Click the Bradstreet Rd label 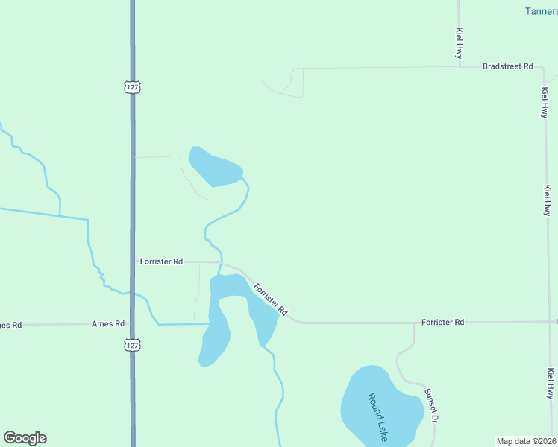click(507, 66)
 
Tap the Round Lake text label click(377, 418)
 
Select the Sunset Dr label click(430, 406)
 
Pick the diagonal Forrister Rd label click(270, 299)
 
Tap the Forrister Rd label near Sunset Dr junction click(442, 322)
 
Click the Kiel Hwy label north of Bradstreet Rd click(459, 44)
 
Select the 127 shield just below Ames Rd click(132, 345)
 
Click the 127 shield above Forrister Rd click(132, 87)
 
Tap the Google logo click(25, 438)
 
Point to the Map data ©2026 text click(527, 441)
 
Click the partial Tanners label click(541, 11)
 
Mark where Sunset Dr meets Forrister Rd click(414, 323)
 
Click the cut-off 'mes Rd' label click(10, 325)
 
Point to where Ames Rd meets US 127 click(132, 323)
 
